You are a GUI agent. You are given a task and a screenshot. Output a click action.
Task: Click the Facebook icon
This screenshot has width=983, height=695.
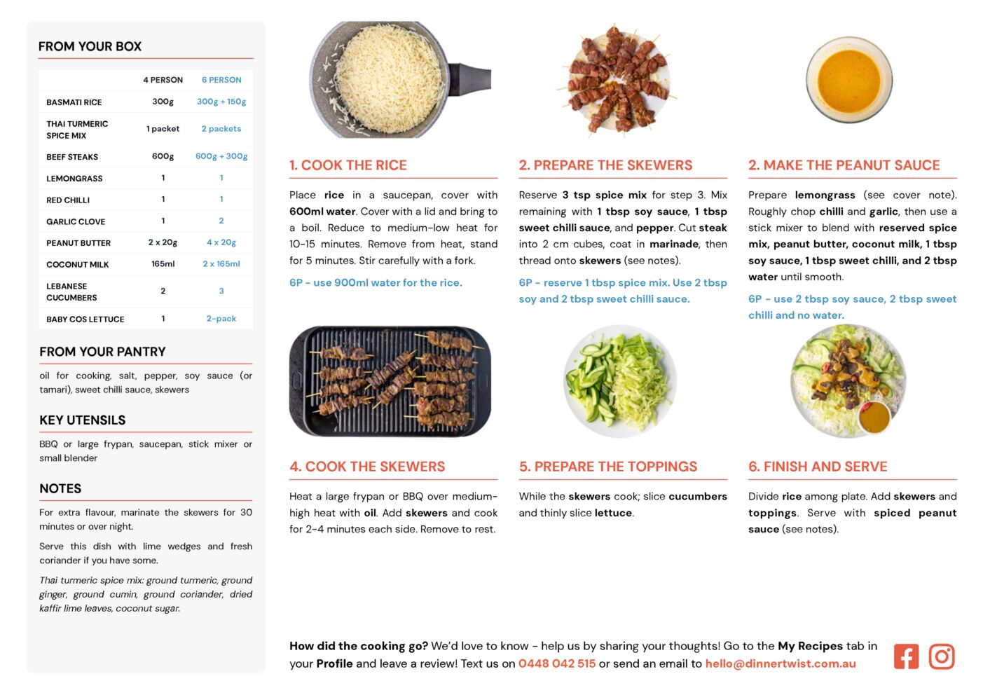coord(906,656)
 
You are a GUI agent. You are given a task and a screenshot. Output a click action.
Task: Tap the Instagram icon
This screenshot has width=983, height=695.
coord(941,656)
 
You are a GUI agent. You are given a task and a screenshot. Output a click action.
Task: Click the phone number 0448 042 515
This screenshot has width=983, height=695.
coord(557,663)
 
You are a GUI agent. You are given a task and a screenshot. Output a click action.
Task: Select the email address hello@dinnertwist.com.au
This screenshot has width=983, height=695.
coord(781,663)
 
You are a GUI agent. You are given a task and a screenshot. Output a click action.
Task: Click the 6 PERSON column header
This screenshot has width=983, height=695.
coord(221,80)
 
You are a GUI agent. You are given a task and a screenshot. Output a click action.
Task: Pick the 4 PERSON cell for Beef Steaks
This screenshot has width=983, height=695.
coord(163,156)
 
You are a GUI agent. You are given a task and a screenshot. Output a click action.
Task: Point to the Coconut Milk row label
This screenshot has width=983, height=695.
coord(77,265)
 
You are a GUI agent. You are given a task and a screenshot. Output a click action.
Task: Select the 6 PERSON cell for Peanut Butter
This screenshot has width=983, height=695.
coord(221,242)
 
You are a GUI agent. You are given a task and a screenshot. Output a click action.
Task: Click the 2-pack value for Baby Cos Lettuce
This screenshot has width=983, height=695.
coord(221,319)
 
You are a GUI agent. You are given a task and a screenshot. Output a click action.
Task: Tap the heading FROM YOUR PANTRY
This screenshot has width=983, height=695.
coord(102,352)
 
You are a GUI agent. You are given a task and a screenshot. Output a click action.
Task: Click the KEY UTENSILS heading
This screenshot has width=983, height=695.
coord(82,420)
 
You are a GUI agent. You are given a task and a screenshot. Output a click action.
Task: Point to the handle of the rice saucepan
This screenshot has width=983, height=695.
coord(471,79)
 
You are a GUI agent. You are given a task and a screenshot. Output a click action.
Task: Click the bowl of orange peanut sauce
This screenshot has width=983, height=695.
coord(848,80)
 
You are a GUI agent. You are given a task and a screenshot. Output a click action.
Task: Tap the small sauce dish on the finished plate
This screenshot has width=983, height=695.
coord(874,418)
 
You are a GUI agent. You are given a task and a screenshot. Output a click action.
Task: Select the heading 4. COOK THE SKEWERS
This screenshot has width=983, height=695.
coord(367,467)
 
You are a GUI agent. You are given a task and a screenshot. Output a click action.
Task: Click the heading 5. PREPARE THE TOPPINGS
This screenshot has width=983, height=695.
coord(607,467)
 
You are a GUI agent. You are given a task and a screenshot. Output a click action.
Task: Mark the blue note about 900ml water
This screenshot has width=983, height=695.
coord(376,282)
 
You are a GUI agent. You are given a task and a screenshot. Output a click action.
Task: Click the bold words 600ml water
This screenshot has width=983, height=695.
coord(322,212)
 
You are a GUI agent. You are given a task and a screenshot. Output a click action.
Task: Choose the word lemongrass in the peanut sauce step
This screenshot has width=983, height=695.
coord(825,195)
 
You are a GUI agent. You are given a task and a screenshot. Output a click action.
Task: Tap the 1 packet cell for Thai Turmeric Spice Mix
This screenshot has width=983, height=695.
coord(163,129)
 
